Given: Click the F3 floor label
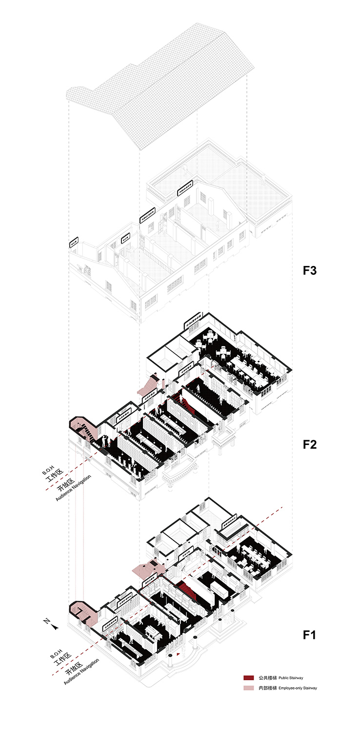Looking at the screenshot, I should pos(310,270).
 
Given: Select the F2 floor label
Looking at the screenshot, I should pos(310,445).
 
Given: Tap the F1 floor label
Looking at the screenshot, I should pos(310,635).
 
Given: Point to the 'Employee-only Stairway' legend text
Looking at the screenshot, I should pos(298,688).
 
